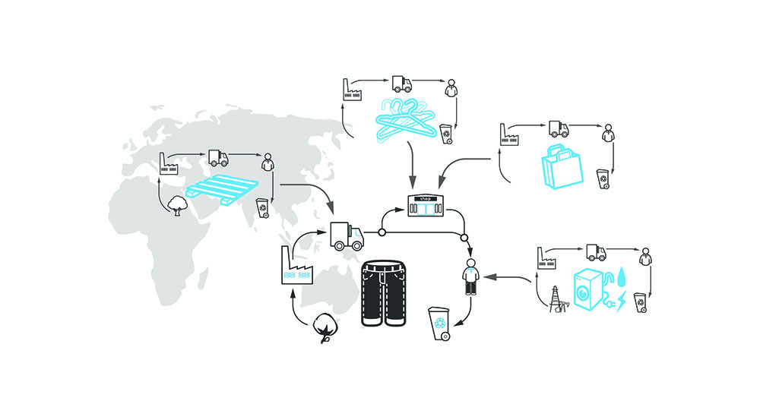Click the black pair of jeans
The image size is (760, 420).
383,293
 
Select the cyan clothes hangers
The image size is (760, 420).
405,120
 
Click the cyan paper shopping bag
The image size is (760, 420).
562,166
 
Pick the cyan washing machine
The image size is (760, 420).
589,289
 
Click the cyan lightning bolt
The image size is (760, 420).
621,300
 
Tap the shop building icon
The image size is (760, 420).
425,205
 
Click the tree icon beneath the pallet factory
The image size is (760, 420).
177,205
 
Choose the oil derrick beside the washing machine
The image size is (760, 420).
557,299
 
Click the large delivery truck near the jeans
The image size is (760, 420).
347,236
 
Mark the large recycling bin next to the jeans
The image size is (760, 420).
439,323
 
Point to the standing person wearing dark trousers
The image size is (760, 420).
470,277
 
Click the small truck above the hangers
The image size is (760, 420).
402,84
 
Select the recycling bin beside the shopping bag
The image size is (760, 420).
603,178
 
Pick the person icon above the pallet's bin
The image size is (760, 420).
267,163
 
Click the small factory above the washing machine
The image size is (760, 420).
546,258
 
